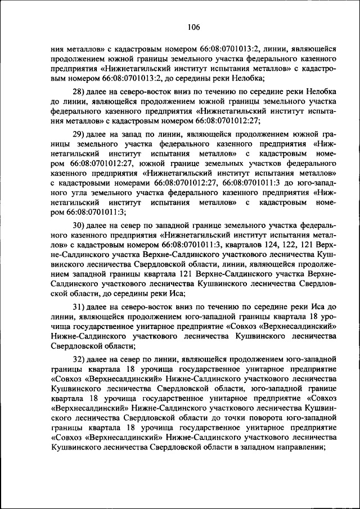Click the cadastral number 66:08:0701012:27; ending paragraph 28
coord(228,121)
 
